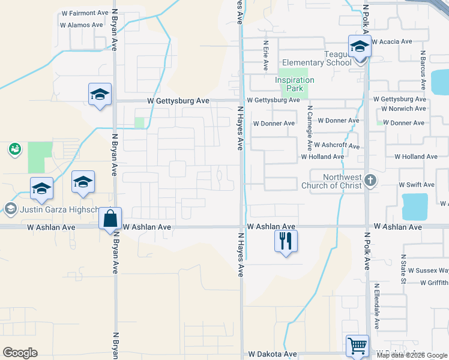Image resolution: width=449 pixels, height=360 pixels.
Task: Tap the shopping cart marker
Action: click(357, 346)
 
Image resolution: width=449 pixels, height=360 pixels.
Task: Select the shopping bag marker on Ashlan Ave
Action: click(110, 219)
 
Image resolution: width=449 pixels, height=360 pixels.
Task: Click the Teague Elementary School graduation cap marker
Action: click(360, 47)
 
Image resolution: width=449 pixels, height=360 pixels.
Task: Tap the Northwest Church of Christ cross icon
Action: click(371, 181)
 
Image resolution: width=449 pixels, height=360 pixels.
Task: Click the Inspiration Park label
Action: click(295, 84)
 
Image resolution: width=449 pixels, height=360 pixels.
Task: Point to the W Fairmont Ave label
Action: click(84, 13)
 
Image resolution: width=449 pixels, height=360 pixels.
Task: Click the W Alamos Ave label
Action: click(82, 25)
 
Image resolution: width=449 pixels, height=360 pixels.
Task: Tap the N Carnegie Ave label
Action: click(310, 128)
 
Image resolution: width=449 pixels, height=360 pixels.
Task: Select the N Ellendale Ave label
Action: click(377, 306)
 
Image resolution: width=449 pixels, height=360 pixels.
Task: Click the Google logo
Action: click(20, 353)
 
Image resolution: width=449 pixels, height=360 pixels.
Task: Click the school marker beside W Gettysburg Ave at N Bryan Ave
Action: click(100, 94)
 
